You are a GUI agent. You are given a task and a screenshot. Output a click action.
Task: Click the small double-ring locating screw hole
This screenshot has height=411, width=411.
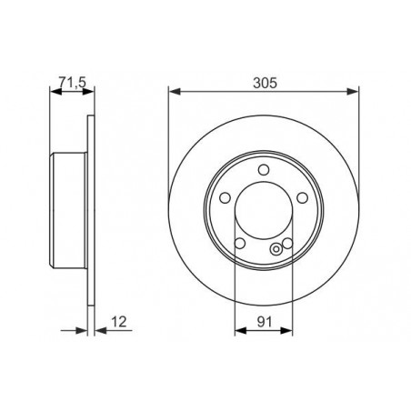point(276,251)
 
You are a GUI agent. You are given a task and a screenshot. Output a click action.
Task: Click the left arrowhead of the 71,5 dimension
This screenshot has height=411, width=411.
point(51,91)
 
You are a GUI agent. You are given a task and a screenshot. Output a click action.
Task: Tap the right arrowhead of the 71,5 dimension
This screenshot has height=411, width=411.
point(88,91)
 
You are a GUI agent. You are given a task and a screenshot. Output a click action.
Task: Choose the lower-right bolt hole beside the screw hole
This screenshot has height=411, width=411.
point(287,242)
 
